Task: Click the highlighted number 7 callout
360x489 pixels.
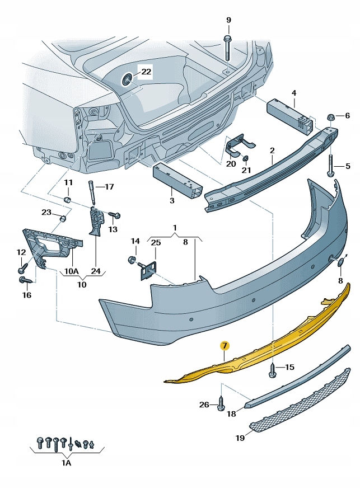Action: [224, 346]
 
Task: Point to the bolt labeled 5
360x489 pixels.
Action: [331, 166]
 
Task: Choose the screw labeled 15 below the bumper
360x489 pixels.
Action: [273, 369]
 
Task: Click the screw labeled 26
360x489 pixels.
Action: [221, 403]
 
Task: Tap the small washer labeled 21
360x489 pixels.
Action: [246, 157]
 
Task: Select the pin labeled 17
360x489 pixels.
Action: [90, 191]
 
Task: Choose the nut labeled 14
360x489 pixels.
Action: [132, 260]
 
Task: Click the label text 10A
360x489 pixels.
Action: [72, 271]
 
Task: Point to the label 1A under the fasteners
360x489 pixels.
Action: [66, 464]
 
